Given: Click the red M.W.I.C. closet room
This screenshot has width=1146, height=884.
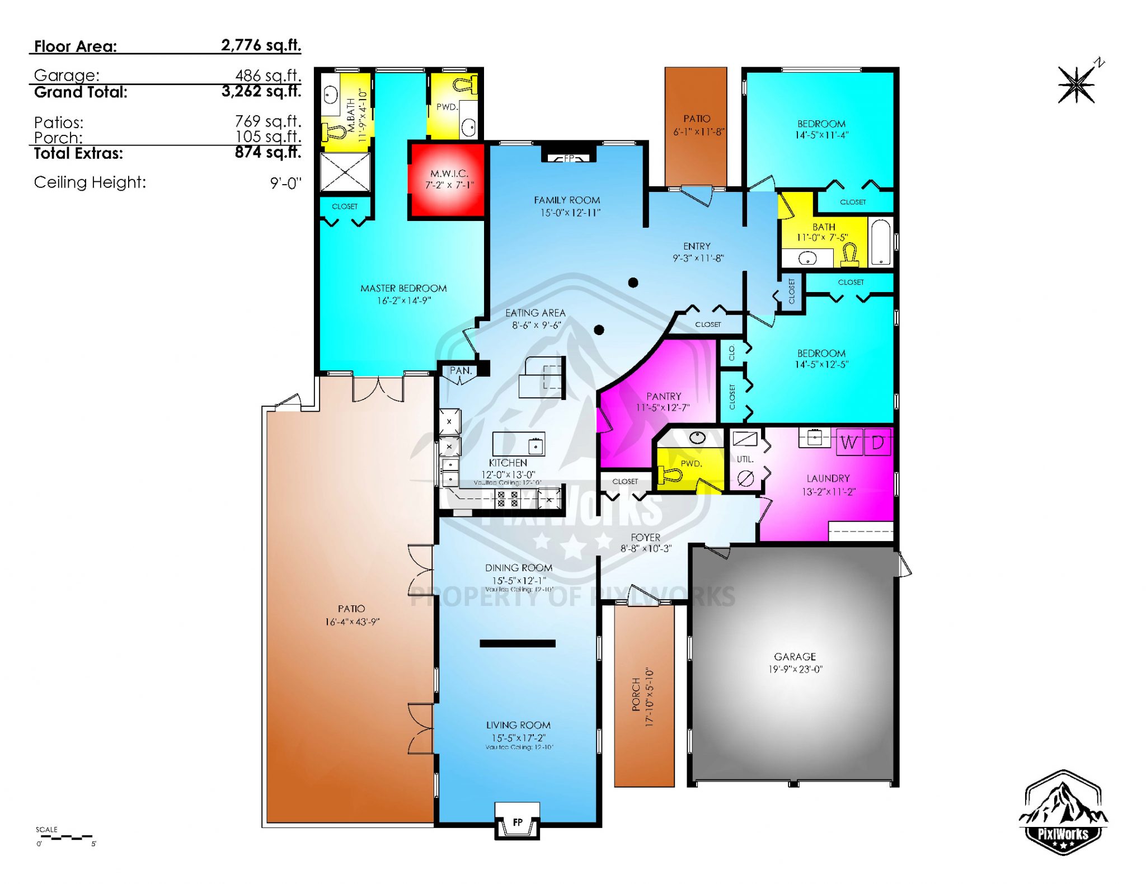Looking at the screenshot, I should coord(448,179).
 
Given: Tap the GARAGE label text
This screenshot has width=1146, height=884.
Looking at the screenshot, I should coord(795,656).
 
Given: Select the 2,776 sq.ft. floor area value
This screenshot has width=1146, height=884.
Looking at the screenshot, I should coord(261,45).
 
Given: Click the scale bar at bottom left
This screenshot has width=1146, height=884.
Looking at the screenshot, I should coord(66,837).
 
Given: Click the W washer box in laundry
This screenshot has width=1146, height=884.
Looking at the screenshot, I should coord(849,442).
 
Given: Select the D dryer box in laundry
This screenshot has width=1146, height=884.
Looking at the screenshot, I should coord(877,442).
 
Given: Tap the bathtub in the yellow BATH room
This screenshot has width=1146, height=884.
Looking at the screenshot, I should coord(881,242).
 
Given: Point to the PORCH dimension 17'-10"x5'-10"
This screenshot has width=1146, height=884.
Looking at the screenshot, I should coord(650,697).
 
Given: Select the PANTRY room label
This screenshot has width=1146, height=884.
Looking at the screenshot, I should coord(664,396).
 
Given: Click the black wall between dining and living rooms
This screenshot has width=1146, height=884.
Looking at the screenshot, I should coord(518,643).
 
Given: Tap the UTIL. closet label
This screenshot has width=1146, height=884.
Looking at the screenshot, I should coord(745,459).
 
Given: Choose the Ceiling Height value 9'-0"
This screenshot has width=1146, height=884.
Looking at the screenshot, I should coord(285,183).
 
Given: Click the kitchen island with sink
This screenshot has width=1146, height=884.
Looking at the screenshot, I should coord(518,444).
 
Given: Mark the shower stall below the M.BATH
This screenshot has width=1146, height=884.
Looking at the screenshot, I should coord(345,172).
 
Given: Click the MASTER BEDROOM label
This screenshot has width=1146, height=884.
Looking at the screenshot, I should coord(403,288).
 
